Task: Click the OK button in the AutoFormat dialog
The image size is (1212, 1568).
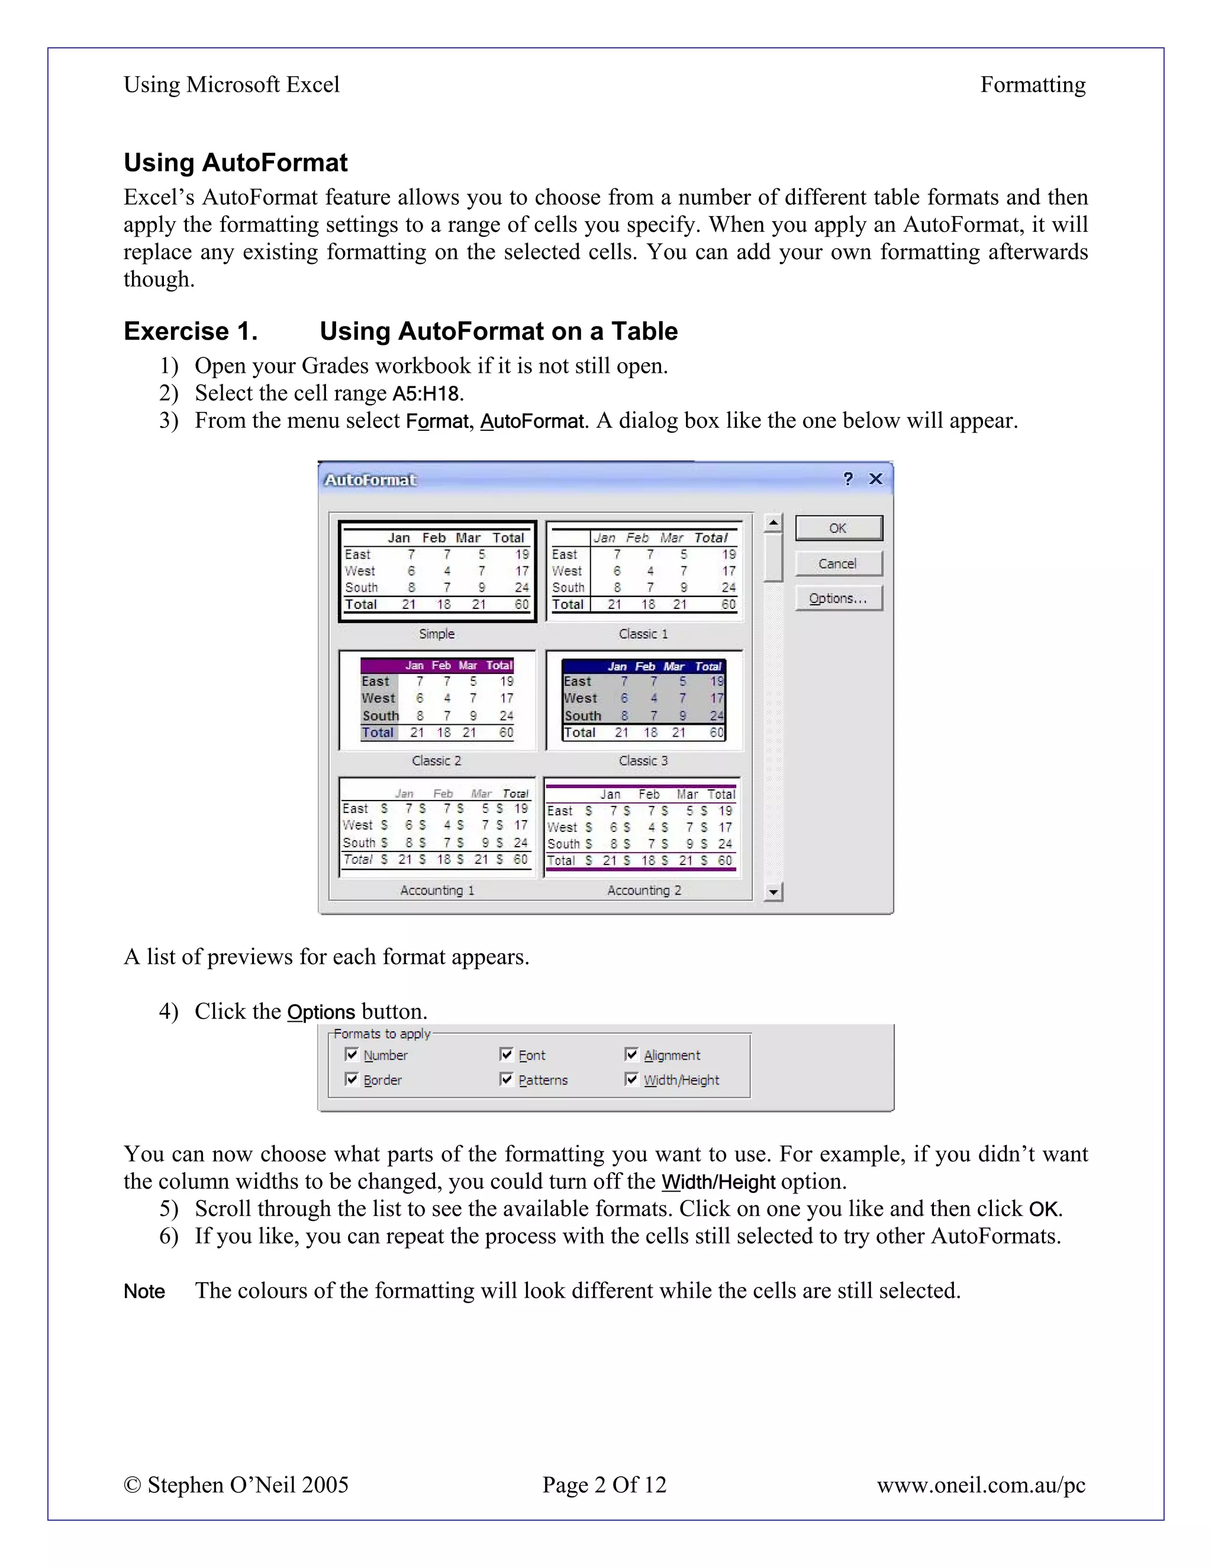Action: click(839, 528)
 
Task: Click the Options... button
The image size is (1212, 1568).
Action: click(839, 599)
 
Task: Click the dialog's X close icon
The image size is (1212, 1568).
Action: click(876, 479)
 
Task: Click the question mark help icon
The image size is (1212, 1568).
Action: click(848, 479)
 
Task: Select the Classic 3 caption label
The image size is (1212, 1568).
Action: click(643, 761)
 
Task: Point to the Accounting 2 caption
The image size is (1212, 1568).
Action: click(644, 891)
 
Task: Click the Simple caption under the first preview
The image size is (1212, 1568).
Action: click(437, 634)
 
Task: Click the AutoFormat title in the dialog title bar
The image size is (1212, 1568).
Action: click(370, 480)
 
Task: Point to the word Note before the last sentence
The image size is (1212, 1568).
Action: click(144, 1292)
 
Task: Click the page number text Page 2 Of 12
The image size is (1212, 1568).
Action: click(604, 1485)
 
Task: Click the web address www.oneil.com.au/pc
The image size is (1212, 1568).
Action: click(981, 1485)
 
